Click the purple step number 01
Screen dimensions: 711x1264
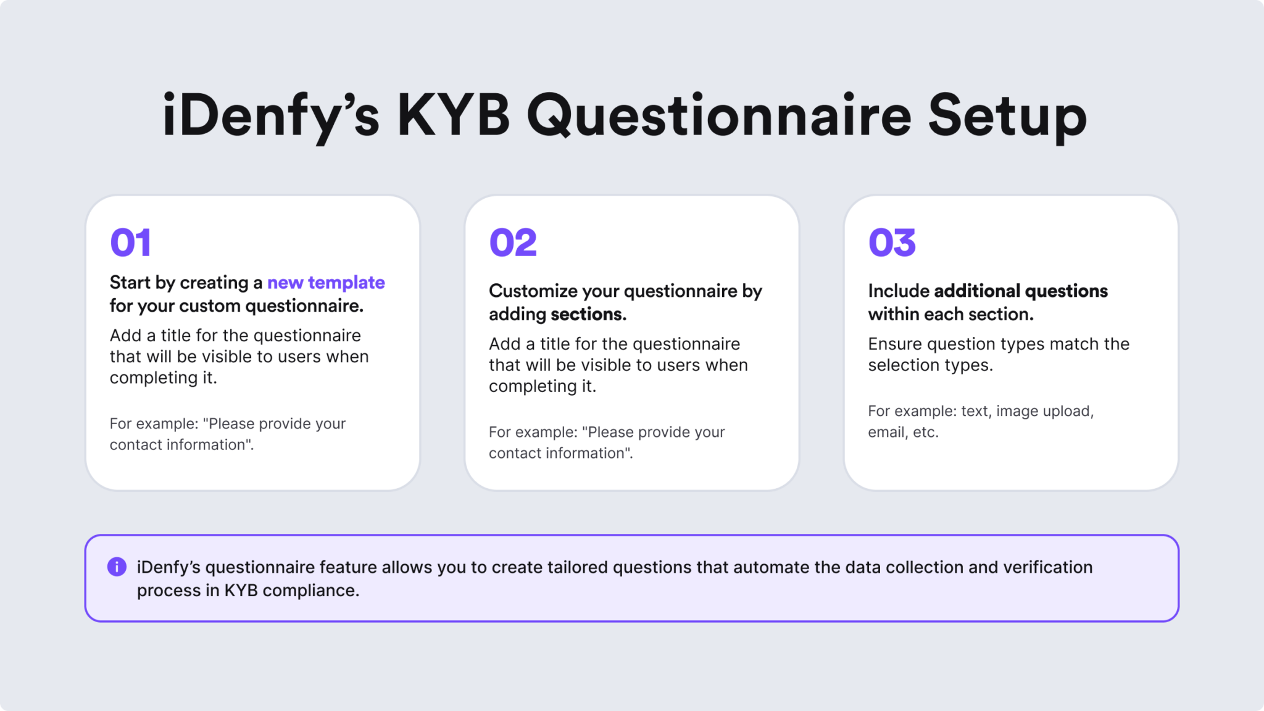130,243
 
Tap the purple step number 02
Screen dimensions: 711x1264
513,243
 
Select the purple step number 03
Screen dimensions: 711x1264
892,243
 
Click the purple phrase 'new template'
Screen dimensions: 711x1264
326,283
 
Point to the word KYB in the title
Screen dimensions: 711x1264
454,115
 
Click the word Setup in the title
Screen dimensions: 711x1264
1007,115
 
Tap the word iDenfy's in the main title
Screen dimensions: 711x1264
270,115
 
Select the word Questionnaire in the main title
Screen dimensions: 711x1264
719,115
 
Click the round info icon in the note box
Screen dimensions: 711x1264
117,567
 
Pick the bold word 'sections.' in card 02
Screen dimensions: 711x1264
588,314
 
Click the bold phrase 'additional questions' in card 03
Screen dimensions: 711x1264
1021,291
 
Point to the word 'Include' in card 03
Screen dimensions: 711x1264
898,291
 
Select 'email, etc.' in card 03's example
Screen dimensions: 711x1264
903,432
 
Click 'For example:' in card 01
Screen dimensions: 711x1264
154,424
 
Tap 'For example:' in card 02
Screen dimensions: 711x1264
533,432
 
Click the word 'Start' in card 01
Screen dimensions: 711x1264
130,283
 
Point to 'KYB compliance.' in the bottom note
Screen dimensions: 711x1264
291,591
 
